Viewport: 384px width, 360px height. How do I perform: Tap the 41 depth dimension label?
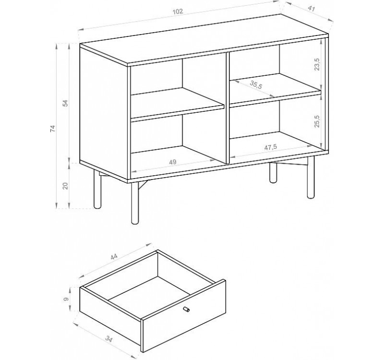click(311, 9)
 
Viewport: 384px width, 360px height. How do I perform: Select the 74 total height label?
click(53, 129)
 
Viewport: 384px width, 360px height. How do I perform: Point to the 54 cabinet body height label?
click(65, 103)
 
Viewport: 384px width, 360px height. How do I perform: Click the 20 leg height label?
click(65, 186)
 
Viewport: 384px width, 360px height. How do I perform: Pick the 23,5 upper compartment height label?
click(317, 64)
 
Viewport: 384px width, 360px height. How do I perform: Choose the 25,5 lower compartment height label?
click(317, 120)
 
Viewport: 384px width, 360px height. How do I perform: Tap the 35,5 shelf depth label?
click(256, 84)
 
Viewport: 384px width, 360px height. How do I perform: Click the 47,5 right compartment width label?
click(270, 147)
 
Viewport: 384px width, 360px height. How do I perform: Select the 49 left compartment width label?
click(173, 162)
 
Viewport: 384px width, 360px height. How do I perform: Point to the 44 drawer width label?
click(114, 256)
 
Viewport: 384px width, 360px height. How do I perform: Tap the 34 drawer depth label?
click(109, 338)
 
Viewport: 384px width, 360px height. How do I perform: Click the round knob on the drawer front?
click(186, 309)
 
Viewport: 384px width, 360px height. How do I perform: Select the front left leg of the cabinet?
click(134, 203)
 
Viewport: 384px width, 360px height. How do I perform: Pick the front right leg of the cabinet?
click(311, 177)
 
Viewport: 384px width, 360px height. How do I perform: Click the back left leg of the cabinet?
click(97, 189)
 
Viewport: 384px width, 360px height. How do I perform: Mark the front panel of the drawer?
click(184, 316)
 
